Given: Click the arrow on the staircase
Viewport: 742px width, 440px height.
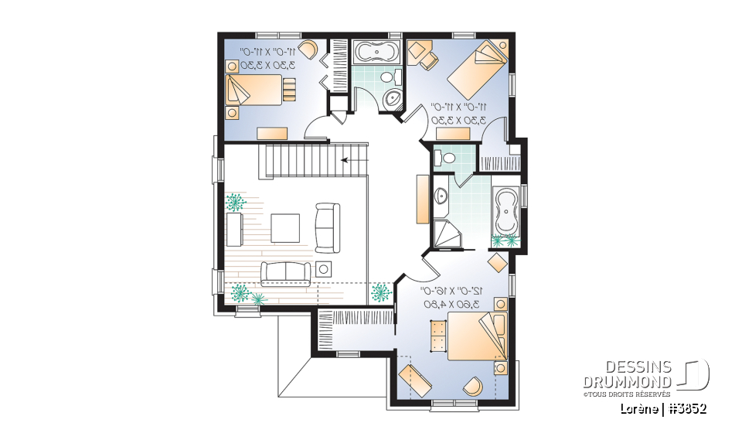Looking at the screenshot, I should click(x=346, y=161).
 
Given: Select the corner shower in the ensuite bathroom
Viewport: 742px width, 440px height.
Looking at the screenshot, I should click(x=447, y=234).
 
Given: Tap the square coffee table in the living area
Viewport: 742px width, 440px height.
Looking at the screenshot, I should click(x=284, y=227).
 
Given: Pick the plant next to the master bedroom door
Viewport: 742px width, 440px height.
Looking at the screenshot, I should click(x=380, y=292).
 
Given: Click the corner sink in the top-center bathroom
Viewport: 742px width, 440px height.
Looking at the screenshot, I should click(x=393, y=97).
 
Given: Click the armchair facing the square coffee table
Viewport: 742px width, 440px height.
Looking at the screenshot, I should click(x=327, y=227).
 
